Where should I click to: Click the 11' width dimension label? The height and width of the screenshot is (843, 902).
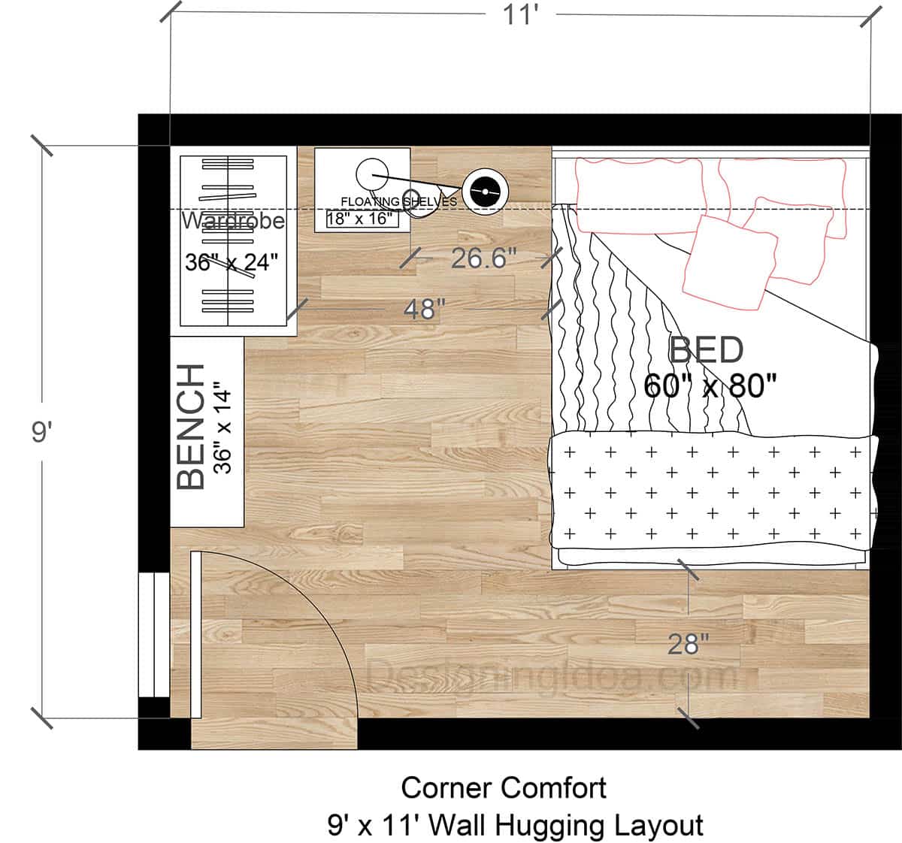point(519,16)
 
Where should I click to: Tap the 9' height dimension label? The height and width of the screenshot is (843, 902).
point(40,434)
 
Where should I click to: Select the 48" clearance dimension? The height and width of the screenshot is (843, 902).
point(425,309)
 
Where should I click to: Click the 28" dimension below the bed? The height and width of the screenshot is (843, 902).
point(689,644)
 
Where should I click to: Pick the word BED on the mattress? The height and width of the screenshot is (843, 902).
point(706,351)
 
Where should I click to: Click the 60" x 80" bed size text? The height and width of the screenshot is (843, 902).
point(710,386)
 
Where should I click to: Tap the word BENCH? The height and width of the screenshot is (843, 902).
point(192,426)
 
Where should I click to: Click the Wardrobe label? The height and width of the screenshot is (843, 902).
point(234,221)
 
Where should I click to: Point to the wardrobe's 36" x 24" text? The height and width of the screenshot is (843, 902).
point(232,262)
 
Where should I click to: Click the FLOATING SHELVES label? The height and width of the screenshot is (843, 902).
point(398,201)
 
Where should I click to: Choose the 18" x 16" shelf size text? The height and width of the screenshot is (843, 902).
point(360,219)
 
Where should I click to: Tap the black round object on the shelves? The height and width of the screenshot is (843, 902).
point(481,192)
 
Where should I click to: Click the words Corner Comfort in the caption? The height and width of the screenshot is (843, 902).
point(504,788)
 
